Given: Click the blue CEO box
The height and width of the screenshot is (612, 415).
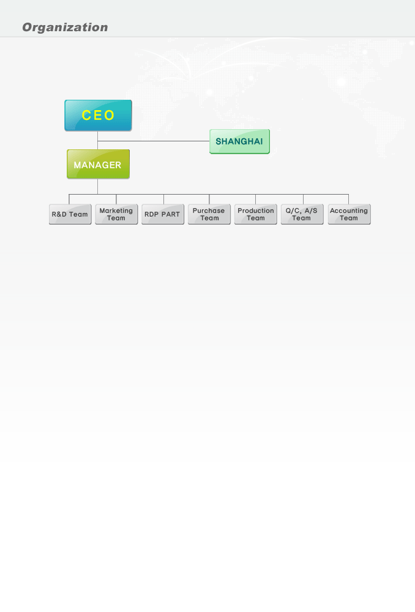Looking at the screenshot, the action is point(98,115).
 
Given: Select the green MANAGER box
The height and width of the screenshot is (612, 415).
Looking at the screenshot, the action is point(98,164).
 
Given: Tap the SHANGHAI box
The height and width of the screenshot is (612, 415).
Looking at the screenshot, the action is point(239,141).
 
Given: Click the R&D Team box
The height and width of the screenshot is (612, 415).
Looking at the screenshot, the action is point(70,214).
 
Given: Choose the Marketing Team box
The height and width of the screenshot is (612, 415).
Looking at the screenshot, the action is point(116,214).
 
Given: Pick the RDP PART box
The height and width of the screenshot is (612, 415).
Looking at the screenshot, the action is point(162,214).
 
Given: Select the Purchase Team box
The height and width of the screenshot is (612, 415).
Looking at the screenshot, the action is point(209,214).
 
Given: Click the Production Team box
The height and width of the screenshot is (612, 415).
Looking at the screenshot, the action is point(255,214).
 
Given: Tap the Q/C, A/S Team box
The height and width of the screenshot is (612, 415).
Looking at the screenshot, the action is point(302,214).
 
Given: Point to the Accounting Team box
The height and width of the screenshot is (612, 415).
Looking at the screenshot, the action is point(349,214).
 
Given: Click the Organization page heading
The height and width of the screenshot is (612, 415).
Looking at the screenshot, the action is point(65,28).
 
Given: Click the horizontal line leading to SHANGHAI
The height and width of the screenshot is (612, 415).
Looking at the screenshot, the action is point(154,141).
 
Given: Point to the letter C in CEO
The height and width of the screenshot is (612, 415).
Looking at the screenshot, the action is point(87,115).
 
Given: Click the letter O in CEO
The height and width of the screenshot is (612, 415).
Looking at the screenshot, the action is point(110,115).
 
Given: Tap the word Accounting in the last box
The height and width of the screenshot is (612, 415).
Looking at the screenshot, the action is point(349,211).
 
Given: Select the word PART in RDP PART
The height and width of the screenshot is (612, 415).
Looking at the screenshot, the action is point(171,214).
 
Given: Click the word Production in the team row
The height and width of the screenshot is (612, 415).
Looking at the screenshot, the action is point(256,211).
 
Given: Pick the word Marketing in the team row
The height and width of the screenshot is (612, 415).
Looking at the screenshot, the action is point(116,211).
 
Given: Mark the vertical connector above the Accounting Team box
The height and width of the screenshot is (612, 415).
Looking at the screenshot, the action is point(348,199).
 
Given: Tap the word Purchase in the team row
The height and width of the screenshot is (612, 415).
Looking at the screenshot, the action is point(209,211).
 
